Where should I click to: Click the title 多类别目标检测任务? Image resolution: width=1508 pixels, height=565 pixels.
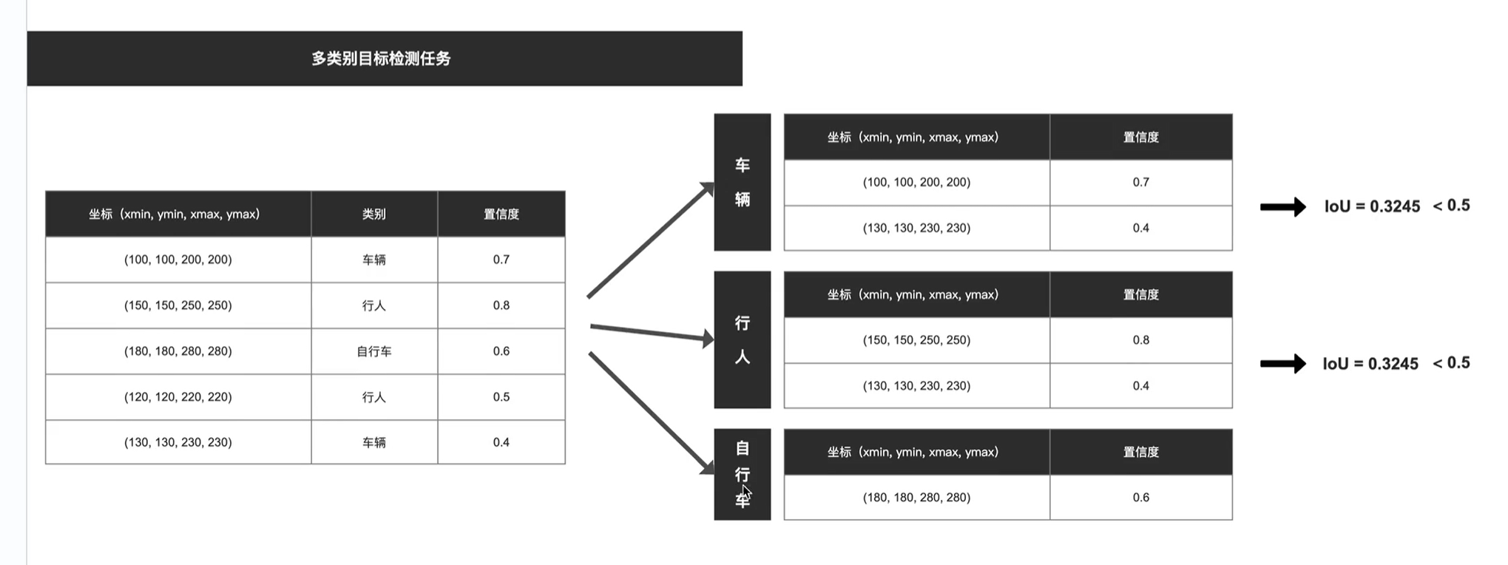381,58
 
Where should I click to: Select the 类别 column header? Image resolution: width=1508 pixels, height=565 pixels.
374,214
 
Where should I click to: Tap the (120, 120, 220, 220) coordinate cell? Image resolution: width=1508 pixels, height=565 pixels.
178,397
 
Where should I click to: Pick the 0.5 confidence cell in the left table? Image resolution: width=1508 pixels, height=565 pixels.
501,397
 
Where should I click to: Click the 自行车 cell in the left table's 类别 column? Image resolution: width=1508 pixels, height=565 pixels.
374,351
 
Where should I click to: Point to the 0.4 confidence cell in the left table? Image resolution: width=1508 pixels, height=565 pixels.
501,442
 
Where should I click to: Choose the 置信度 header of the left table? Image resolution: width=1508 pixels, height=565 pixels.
501,214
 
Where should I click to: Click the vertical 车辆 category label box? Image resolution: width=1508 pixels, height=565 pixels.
742,182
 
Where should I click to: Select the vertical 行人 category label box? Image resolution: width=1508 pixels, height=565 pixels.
742,339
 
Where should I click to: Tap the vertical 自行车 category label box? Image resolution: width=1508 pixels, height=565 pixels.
742,474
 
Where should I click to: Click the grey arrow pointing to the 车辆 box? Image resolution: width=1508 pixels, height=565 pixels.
649,241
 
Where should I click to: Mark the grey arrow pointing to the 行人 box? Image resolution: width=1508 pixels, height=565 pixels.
651,332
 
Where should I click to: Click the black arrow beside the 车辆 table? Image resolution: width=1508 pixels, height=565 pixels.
1282,207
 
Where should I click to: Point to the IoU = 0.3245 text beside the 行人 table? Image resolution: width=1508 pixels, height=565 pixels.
1370,364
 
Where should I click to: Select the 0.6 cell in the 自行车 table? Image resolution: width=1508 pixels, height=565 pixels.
1140,498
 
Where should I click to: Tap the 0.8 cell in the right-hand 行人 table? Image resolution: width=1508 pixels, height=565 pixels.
1140,340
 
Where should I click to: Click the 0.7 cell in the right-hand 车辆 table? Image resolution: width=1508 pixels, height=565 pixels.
1140,182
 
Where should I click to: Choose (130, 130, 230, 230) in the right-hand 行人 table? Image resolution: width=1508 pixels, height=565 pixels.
916,386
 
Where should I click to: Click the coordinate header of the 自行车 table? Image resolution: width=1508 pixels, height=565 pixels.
916,452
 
